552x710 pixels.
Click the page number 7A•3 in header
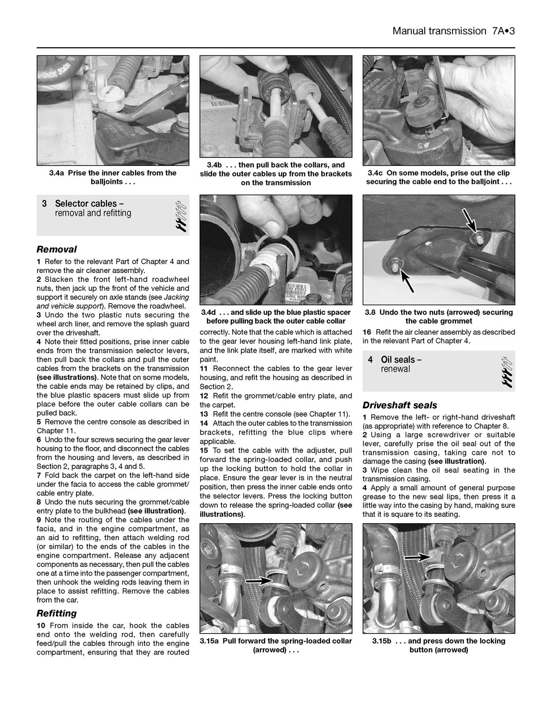tap(503, 31)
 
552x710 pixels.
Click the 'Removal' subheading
tap(57, 249)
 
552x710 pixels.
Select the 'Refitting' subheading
tap(57, 613)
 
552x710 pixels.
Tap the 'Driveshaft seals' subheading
tap(400, 405)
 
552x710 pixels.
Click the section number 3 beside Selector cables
tap(44, 204)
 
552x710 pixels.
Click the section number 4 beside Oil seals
tap(371, 360)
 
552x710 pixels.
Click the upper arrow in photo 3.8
tap(469, 220)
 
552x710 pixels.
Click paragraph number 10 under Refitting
tap(41, 626)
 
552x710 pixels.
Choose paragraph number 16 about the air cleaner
tap(367, 332)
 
